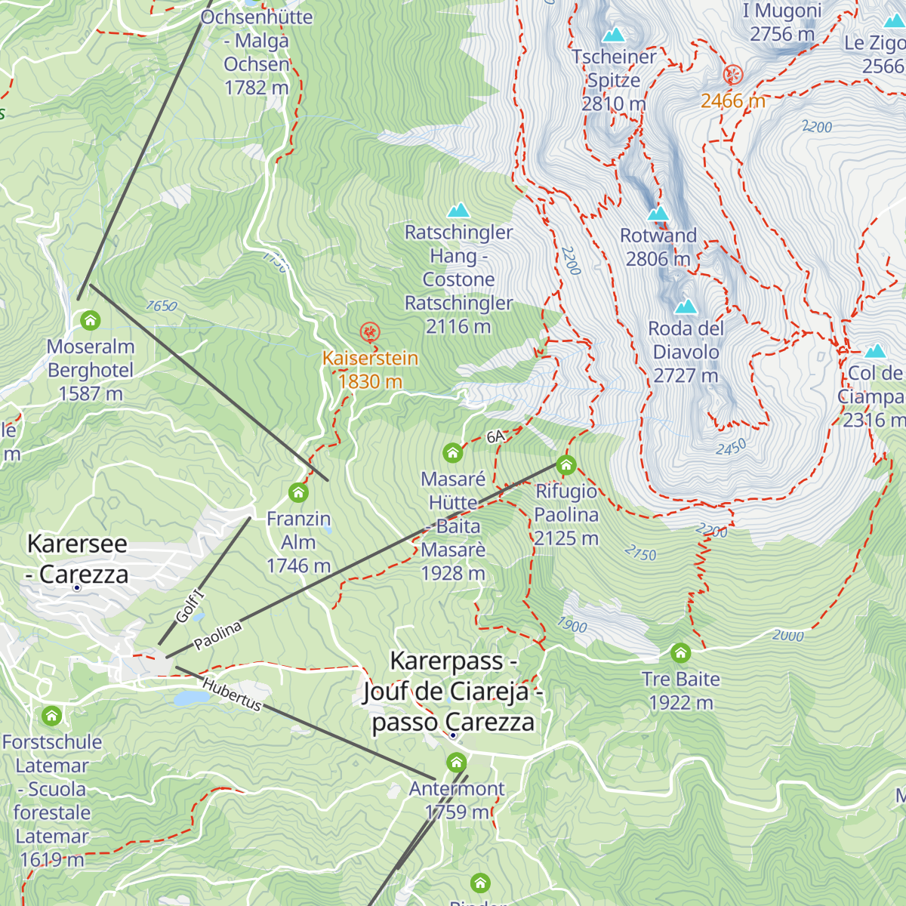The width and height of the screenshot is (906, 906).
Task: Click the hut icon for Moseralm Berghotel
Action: (91, 321)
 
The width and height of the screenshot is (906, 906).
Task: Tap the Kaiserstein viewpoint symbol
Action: (369, 331)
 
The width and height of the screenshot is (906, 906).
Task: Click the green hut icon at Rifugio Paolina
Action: (566, 464)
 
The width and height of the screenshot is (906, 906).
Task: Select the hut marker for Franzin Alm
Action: (298, 493)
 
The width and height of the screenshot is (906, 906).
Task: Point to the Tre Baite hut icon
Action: (680, 652)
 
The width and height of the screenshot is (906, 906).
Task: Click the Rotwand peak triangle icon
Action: (658, 214)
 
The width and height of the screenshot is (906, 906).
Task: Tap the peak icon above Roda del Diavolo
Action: (686, 307)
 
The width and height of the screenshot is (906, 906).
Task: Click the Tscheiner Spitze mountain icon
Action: (614, 35)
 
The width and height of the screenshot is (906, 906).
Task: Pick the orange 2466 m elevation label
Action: (732, 100)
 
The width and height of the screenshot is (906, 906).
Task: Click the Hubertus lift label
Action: (232, 694)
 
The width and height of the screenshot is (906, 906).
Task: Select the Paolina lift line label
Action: (217, 636)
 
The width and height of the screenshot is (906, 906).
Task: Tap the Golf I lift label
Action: (190, 606)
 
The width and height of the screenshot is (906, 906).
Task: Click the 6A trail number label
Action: (495, 436)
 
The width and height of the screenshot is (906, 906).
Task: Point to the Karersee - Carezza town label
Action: (77, 559)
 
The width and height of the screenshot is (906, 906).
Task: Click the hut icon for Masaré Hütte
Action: (452, 453)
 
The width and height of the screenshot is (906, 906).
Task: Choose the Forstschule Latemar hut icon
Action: (51, 715)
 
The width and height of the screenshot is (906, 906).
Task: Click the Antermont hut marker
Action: (456, 763)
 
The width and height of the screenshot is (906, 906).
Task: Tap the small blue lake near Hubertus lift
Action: (186, 698)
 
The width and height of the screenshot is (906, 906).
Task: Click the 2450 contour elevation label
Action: (731, 448)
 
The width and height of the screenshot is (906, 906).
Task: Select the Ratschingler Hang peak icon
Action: (458, 211)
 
